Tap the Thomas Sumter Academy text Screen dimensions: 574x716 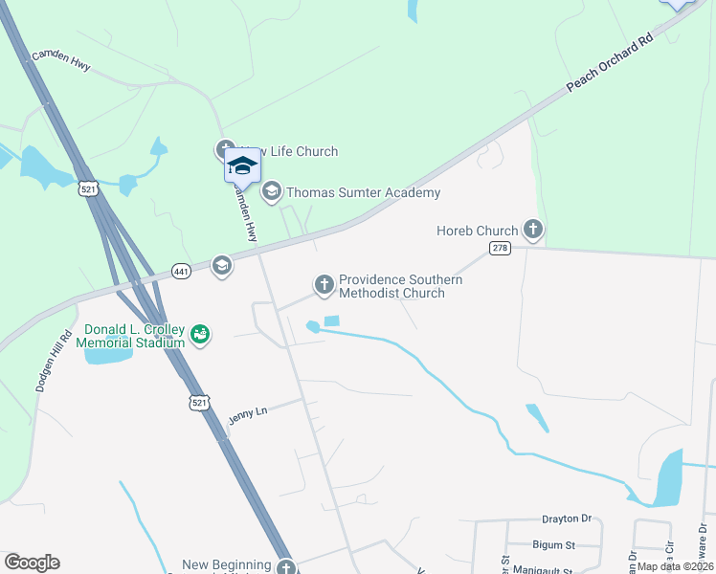pyautogui.click(x=365, y=193)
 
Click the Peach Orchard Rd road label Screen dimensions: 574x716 pyautogui.click(x=609, y=63)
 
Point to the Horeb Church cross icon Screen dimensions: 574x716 pyautogui.click(x=533, y=230)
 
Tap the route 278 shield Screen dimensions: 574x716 pyautogui.click(x=501, y=248)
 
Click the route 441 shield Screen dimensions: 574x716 pyautogui.click(x=182, y=272)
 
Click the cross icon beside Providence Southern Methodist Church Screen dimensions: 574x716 pyautogui.click(x=324, y=284)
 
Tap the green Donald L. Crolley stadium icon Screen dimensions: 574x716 pyautogui.click(x=200, y=334)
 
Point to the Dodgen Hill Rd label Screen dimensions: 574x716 pyautogui.click(x=55, y=362)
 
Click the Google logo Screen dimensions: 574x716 pyautogui.click(x=32, y=563)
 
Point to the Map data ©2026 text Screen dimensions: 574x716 pyautogui.click(x=674, y=566)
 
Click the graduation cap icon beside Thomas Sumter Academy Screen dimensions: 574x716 pyautogui.click(x=272, y=192)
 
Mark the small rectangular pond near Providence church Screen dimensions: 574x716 pyautogui.click(x=332, y=320)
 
